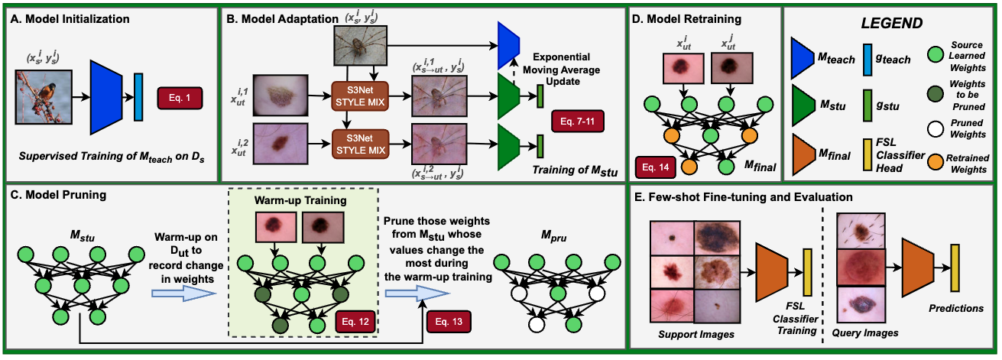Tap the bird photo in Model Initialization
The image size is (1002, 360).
[x=44, y=96]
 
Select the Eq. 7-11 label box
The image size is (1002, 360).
[x=576, y=120]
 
